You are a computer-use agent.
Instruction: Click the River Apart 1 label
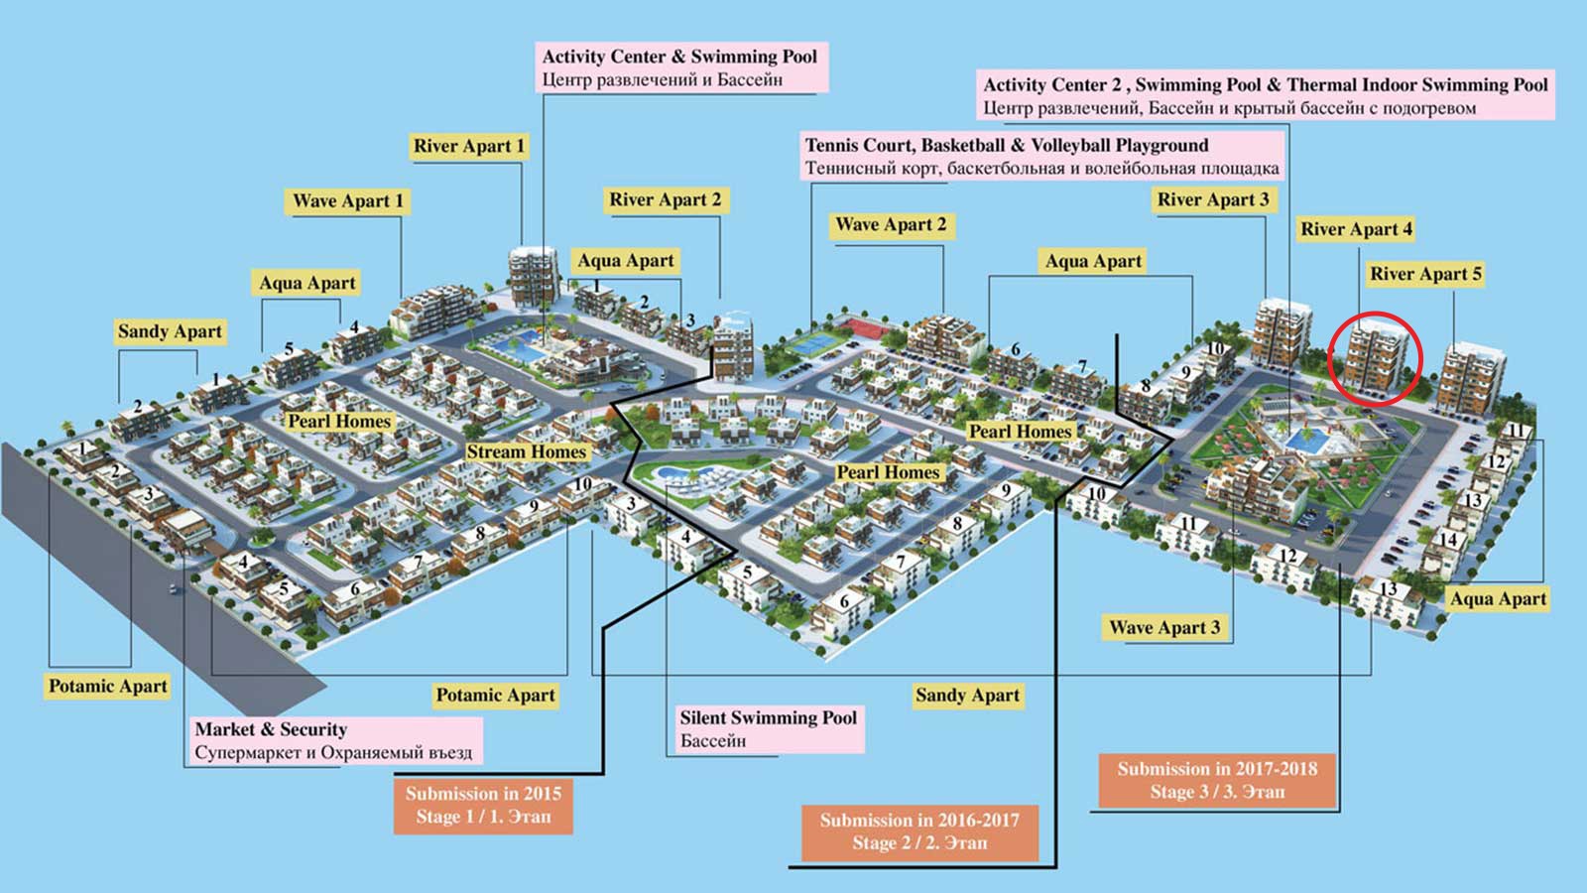469,147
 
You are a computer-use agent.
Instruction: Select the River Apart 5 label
1425,275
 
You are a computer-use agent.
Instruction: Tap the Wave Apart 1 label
348,201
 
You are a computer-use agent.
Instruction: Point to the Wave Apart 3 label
1164,627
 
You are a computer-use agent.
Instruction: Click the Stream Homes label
527,452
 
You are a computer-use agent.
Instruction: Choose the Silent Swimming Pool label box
769,729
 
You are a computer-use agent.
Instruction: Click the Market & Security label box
333,741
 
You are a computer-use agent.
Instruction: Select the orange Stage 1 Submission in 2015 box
483,805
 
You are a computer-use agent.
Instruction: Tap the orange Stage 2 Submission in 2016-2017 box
919,831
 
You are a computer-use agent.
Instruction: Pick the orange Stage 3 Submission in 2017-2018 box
1217,780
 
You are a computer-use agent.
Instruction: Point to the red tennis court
854,326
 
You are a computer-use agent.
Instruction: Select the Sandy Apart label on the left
170,331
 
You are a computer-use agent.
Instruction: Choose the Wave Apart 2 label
891,225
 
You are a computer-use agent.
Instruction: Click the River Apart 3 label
1213,200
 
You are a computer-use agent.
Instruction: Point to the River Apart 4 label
1356,230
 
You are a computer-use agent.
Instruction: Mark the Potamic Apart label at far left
108,687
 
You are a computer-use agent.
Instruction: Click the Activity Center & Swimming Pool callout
680,67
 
